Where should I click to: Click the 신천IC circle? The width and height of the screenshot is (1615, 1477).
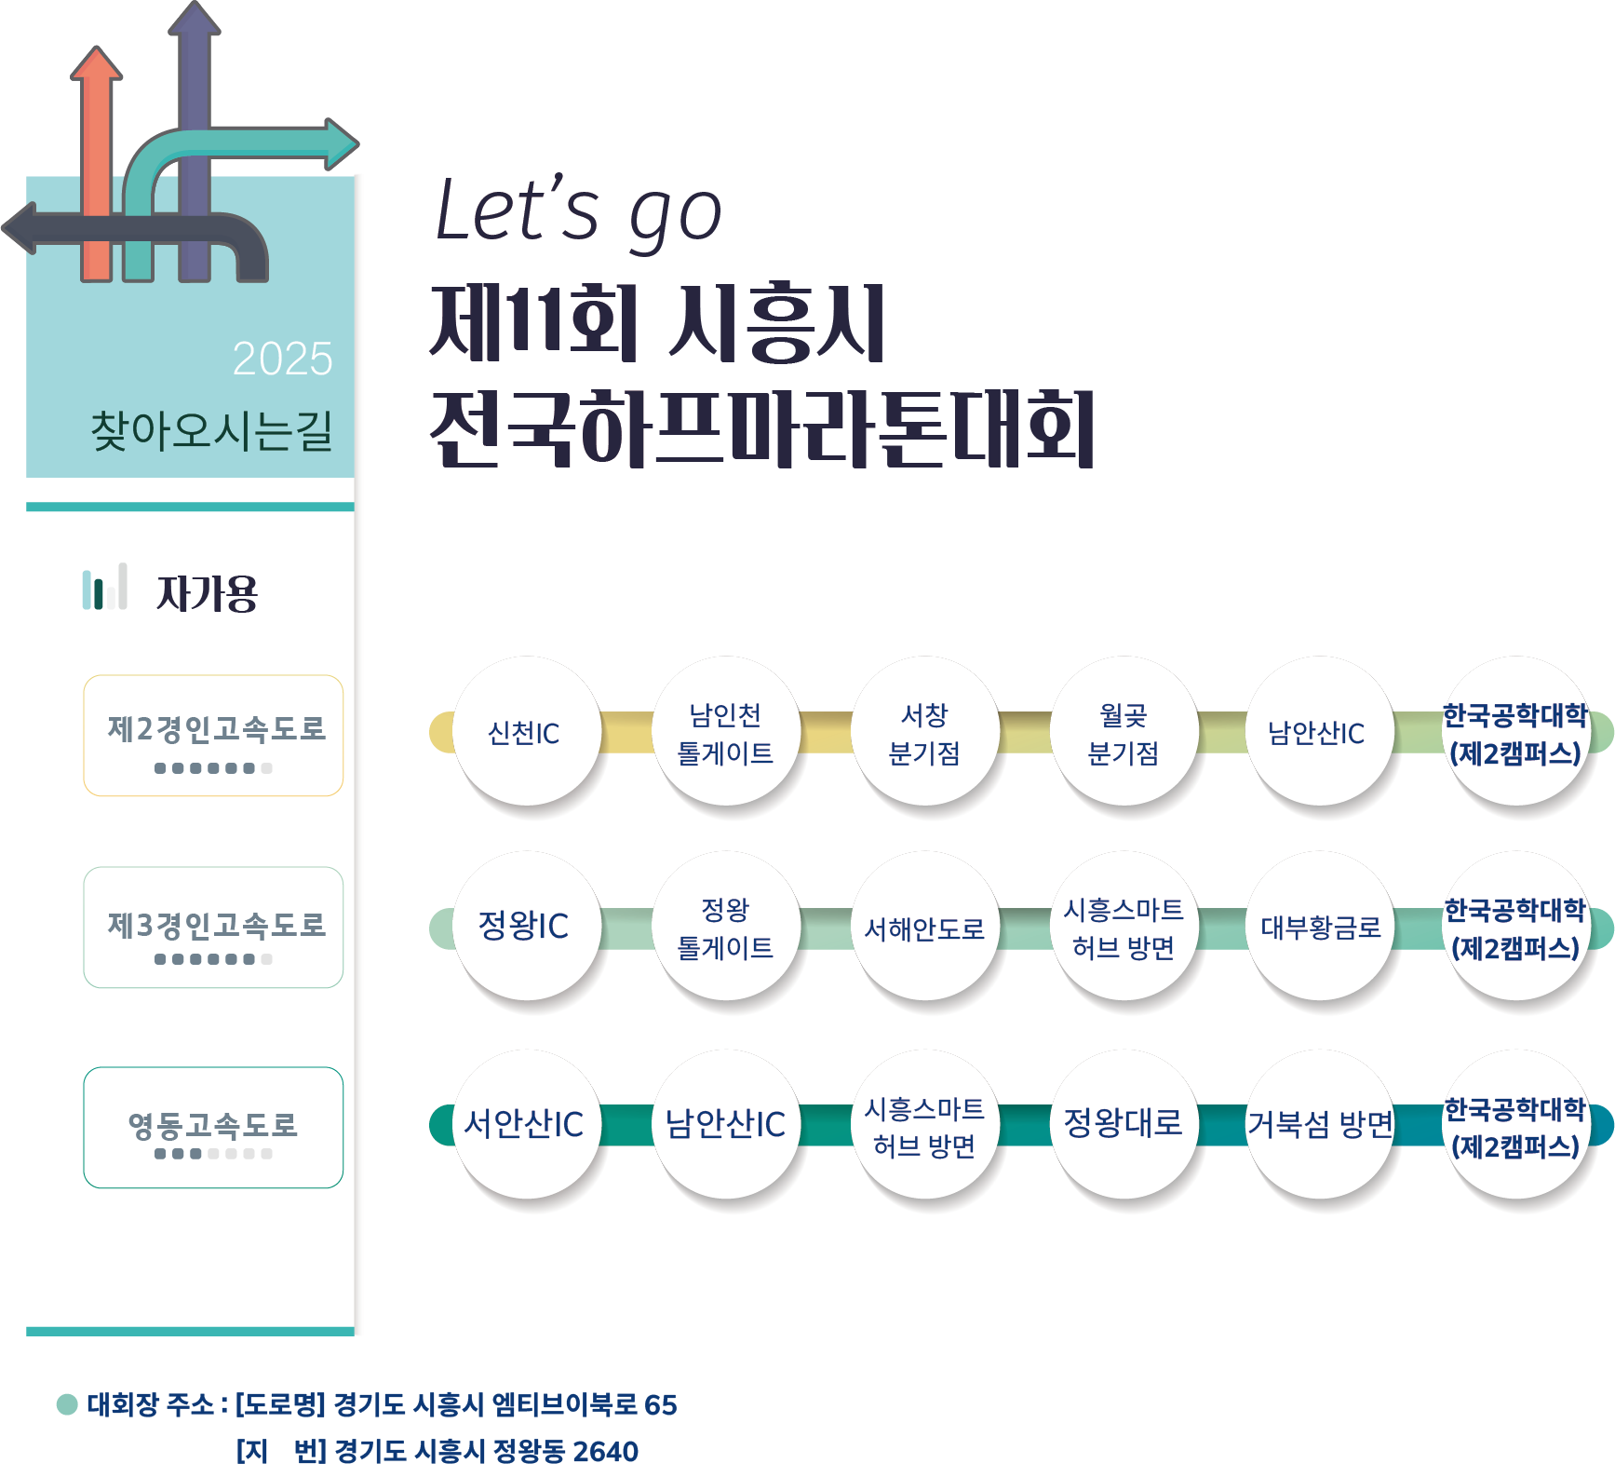526,732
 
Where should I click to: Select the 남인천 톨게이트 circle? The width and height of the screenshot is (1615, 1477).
725,733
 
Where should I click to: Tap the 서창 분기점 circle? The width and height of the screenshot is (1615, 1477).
924,733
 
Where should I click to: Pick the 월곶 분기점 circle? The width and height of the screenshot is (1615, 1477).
1124,733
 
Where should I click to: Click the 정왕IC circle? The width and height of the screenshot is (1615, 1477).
526,926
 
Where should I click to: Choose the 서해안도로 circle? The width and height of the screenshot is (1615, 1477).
924,928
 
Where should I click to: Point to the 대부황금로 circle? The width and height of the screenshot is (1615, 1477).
1320,927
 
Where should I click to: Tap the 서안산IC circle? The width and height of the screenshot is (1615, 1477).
526,1124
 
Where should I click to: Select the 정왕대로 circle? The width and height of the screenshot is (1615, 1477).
1124,1124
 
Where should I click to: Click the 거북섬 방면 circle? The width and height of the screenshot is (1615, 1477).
1320,1124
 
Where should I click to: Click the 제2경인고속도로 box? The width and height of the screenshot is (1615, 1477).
214,736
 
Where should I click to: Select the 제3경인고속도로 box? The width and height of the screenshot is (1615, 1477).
214,928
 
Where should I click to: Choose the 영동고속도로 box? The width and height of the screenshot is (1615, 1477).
214,1128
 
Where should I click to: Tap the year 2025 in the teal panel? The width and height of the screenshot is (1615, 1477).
282,359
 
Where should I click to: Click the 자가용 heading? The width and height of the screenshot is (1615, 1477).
207,592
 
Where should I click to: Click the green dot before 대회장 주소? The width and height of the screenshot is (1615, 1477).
67,1403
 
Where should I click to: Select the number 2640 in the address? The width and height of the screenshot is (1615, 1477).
606,1451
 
